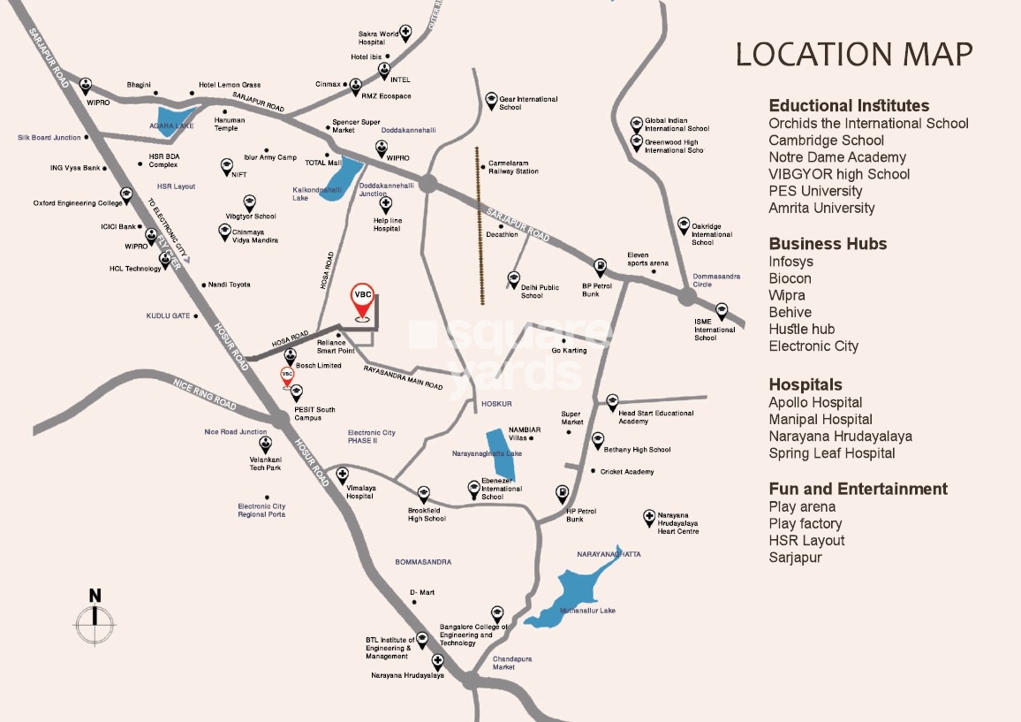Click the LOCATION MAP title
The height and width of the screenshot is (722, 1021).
click(854, 54)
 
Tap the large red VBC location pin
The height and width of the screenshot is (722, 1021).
click(361, 301)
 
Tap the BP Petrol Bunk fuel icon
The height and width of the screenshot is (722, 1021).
click(600, 266)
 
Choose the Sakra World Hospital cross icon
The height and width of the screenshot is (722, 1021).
click(405, 33)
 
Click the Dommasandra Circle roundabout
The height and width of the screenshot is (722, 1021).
click(688, 297)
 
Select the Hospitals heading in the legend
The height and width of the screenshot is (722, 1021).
click(805, 384)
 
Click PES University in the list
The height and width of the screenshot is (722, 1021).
click(814, 191)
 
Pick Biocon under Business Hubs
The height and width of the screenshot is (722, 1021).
click(790, 278)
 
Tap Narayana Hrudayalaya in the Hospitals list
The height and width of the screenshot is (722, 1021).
click(840, 436)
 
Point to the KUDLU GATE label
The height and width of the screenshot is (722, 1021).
click(168, 315)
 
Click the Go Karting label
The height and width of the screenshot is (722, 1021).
click(569, 351)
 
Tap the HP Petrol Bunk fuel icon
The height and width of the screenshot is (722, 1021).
click(562, 492)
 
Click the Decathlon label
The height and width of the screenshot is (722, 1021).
click(502, 235)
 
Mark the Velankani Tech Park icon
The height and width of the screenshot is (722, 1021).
click(265, 445)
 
